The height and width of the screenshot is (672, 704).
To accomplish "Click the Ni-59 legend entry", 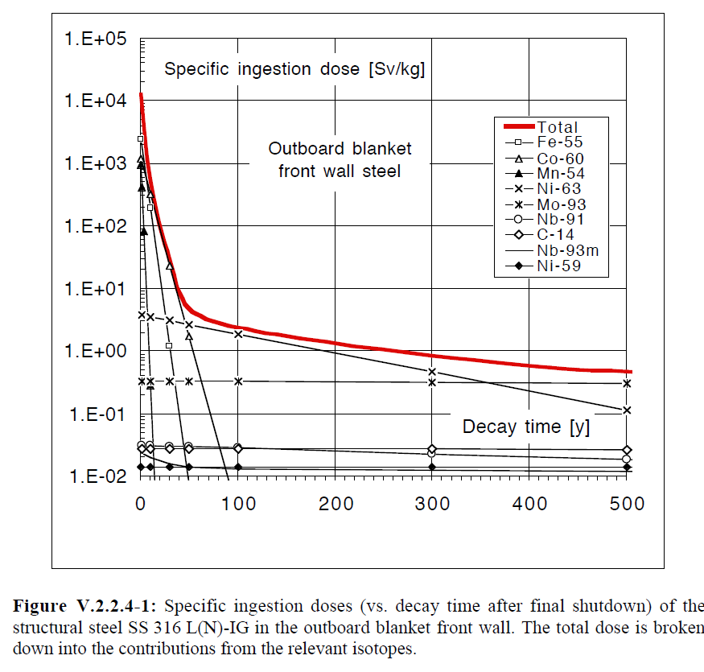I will pos(559,266).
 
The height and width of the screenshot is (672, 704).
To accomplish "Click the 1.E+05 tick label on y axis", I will pos(90,39).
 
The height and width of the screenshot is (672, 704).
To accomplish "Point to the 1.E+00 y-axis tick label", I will pos(90,352).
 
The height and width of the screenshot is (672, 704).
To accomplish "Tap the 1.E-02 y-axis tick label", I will pos(90,476).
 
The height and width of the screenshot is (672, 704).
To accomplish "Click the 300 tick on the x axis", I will pos(433,504).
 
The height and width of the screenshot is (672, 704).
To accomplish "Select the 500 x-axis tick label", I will pos(627,504).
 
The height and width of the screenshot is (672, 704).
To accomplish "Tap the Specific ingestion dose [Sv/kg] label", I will pos(294,69).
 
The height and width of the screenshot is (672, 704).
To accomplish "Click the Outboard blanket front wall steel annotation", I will pos(340,159).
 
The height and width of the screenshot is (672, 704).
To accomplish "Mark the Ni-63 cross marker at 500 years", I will pos(627,410).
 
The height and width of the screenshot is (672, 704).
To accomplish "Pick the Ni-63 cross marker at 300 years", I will pos(432,372).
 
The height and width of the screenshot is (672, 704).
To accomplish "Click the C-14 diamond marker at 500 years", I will pos(627,450).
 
